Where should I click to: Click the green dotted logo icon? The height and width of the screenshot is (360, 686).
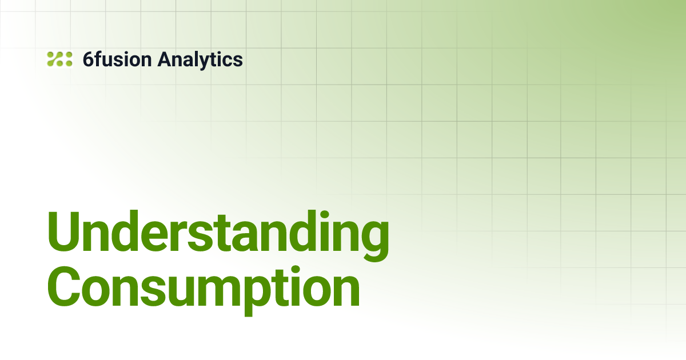[x=59, y=59]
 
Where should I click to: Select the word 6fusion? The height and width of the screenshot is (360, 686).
[x=117, y=59]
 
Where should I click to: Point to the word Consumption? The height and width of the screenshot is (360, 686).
[x=204, y=290]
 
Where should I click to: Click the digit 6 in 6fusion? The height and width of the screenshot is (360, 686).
[x=88, y=59]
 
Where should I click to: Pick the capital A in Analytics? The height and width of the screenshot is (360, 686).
[x=163, y=59]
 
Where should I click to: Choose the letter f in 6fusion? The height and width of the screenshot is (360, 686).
[x=98, y=59]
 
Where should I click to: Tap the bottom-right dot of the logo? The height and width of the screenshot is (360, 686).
[x=69, y=63]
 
